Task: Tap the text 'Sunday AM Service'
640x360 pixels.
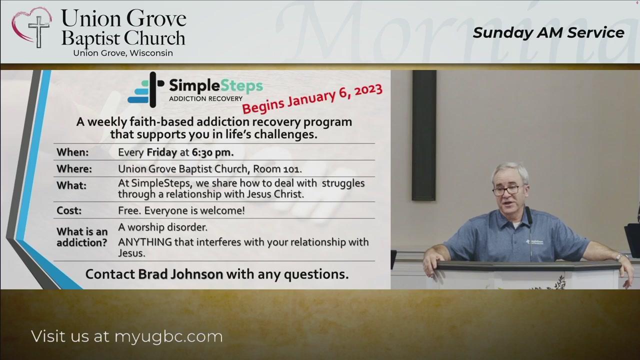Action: (x=548, y=33)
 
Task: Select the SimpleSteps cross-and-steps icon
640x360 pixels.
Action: (x=146, y=89)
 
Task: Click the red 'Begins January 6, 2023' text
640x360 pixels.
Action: (x=312, y=98)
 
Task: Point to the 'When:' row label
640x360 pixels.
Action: (x=72, y=152)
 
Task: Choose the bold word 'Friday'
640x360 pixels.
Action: (x=161, y=152)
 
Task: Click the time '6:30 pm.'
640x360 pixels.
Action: (x=212, y=152)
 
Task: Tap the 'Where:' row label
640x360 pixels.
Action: (x=74, y=169)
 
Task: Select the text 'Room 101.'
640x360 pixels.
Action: (x=277, y=169)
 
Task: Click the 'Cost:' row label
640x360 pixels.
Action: (x=69, y=210)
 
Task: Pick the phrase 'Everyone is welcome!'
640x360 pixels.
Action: (x=194, y=210)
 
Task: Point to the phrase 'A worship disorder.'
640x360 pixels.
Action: (x=163, y=227)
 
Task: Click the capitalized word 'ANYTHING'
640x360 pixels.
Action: (x=145, y=242)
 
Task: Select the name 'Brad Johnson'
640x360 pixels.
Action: (x=180, y=274)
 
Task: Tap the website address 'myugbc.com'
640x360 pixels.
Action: (x=168, y=337)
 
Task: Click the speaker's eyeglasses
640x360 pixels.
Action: (x=506, y=190)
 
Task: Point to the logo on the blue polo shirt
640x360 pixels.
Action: (x=534, y=241)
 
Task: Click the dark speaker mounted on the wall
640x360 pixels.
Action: (x=424, y=135)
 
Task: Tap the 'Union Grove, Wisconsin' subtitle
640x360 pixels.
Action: (x=123, y=53)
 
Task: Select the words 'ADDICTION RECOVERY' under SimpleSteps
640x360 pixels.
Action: (x=205, y=98)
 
